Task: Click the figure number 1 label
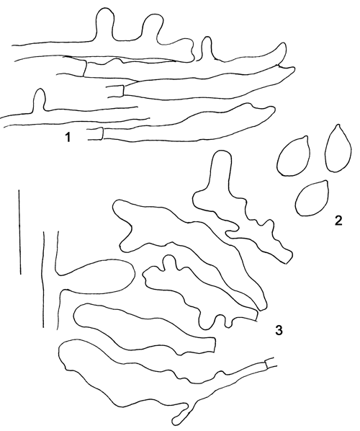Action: point(68,137)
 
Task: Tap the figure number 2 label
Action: point(338,221)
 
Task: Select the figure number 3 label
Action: point(279,330)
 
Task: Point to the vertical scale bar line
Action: point(19,232)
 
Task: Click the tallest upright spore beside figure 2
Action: point(338,148)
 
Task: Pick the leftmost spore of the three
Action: point(294,156)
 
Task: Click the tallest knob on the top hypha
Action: point(104,23)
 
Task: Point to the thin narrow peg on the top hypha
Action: point(207,47)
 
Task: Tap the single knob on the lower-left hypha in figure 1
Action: point(40,99)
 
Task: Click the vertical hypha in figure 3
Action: point(50,279)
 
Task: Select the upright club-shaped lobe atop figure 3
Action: point(220,170)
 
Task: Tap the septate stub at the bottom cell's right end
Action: point(271,363)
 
